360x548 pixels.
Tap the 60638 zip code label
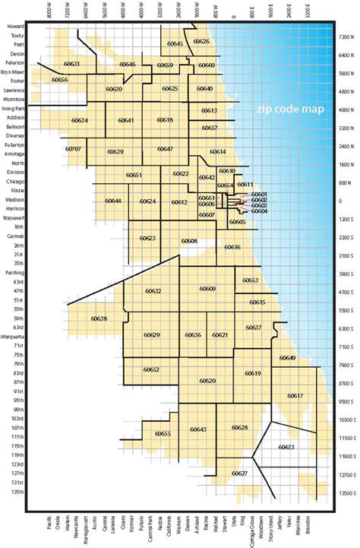coord(98,318)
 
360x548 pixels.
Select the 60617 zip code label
coord(295,395)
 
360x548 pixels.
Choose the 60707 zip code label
coord(74,149)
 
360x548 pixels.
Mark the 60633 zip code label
coord(286,448)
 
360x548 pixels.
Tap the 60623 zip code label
coord(147,238)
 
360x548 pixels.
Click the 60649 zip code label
coord(287,357)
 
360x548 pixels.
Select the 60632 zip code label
coord(153,291)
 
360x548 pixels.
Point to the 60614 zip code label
coord(218,152)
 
